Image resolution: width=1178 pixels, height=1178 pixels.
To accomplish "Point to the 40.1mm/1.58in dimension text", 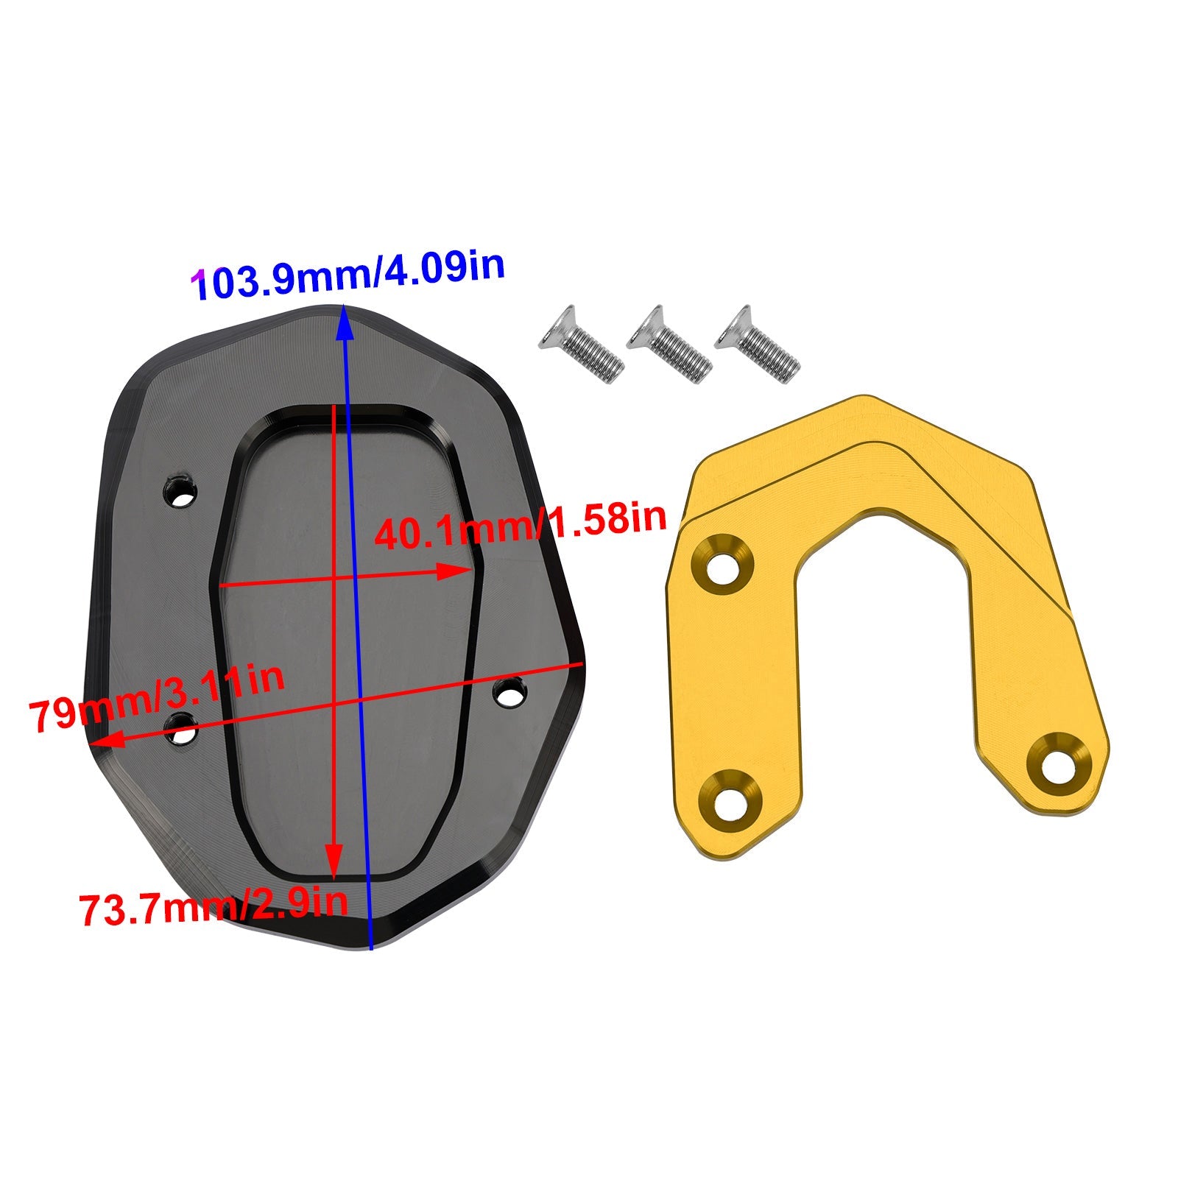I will coord(520,524).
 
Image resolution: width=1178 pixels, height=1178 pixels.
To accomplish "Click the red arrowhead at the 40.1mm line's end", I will coord(456,571).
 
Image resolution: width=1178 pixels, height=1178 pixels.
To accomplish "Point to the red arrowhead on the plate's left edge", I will coord(103,740).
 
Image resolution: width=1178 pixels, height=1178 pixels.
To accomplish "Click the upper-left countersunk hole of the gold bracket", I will coord(723,568).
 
